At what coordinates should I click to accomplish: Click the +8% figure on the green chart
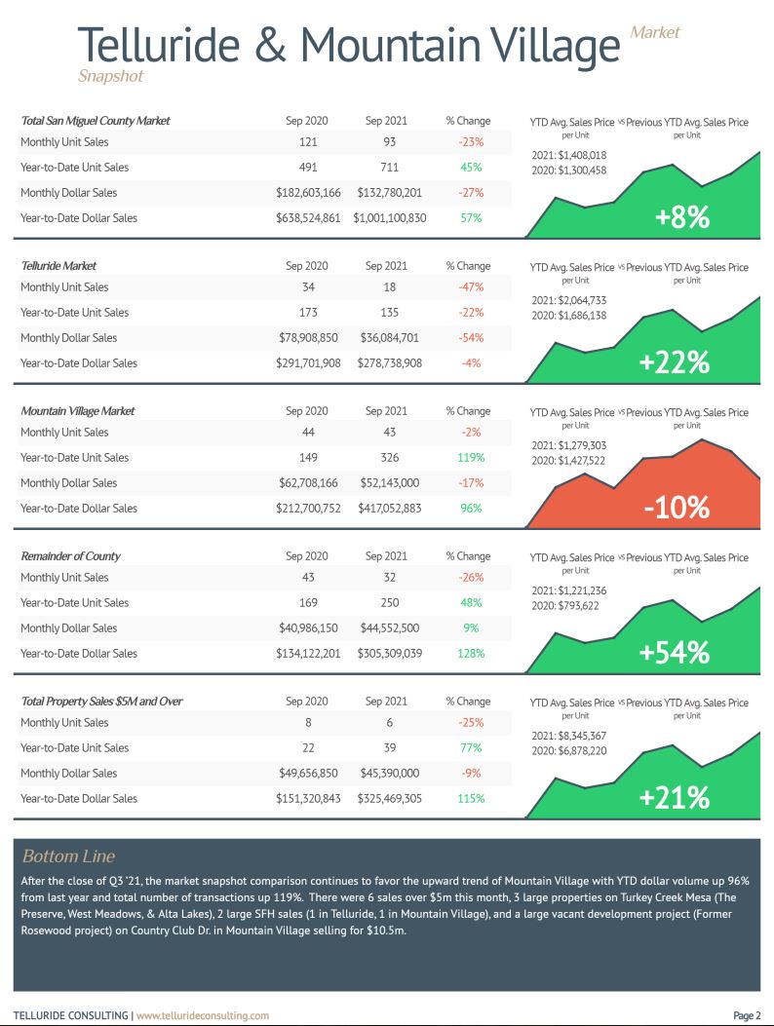click(682, 217)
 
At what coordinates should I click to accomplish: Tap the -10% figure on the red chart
click(677, 507)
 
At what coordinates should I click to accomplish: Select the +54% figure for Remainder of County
click(674, 653)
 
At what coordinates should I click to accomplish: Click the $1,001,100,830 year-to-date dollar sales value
click(390, 218)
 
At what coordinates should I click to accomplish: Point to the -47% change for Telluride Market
click(471, 287)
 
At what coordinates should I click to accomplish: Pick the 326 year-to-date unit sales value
click(390, 457)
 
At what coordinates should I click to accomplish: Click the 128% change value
click(471, 653)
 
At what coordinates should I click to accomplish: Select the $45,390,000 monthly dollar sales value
click(390, 773)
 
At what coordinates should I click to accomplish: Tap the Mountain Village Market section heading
click(78, 411)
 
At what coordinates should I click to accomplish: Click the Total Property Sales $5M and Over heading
click(101, 702)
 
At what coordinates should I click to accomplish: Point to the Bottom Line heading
click(69, 855)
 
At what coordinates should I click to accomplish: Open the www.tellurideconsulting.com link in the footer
click(203, 1015)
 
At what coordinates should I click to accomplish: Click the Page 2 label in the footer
click(747, 1015)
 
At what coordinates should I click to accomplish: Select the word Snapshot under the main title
click(111, 76)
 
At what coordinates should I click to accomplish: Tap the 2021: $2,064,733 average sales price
click(569, 300)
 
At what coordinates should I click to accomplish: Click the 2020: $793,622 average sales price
click(565, 606)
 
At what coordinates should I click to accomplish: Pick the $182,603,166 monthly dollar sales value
click(308, 192)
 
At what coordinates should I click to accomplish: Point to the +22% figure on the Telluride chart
click(674, 362)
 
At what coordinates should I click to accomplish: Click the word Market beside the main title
click(655, 32)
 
